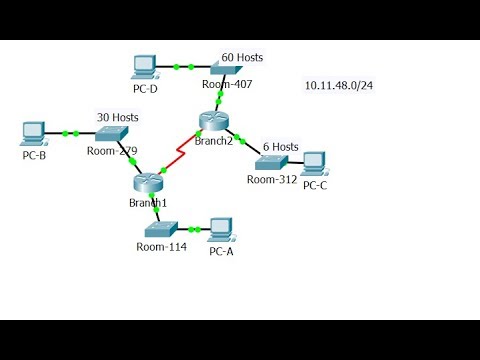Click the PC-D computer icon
[x=145, y=66]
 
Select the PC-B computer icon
[x=34, y=131]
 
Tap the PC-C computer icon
[x=313, y=162]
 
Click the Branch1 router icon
[x=148, y=183]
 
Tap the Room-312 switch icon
[x=272, y=161]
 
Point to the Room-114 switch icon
[x=159, y=228]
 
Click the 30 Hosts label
[x=117, y=117]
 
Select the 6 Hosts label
[x=280, y=147]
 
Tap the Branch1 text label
[x=148, y=203]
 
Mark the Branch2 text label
[x=214, y=142]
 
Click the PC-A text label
[x=221, y=250]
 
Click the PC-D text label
[x=145, y=88]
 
